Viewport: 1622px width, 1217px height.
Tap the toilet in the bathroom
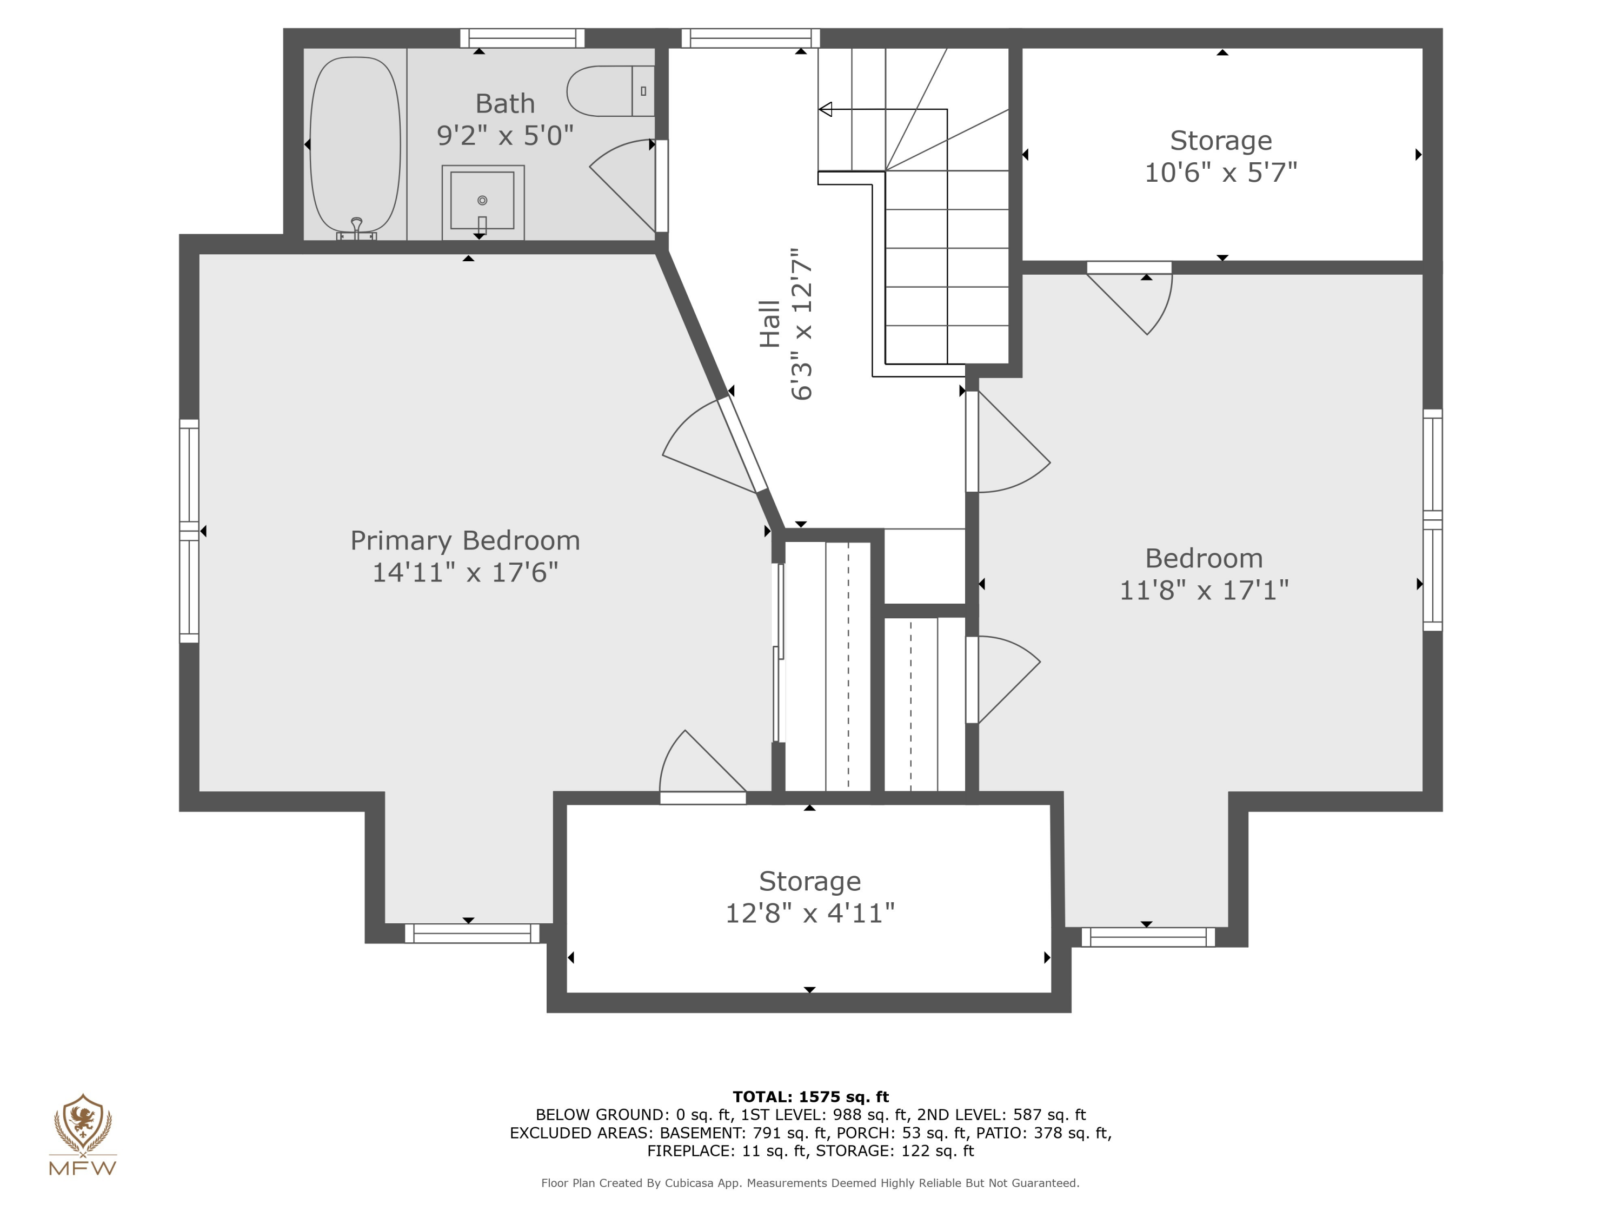[609, 91]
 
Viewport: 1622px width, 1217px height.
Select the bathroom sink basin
[482, 200]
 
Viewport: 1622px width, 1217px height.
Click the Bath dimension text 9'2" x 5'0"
[504, 136]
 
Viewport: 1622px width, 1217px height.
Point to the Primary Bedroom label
[465, 541]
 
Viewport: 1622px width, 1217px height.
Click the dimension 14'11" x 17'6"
[465, 573]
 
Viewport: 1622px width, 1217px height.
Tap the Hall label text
[769, 323]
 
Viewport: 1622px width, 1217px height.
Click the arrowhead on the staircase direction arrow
[826, 110]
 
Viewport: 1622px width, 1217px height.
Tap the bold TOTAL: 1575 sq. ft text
[810, 1097]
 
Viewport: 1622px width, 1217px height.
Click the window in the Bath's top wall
[522, 38]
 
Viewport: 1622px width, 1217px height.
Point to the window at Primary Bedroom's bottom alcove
[472, 933]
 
